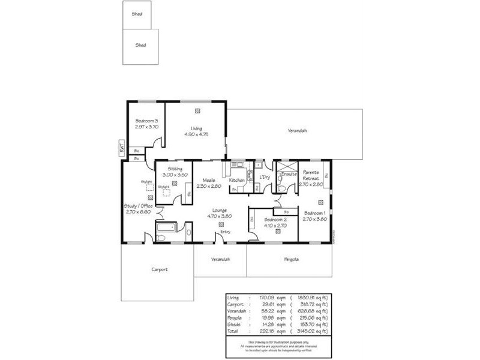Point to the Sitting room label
click(175, 169)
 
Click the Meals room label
click(209, 180)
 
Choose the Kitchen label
click(236, 180)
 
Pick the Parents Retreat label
click(310, 175)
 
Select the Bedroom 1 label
click(314, 214)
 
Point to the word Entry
click(225, 232)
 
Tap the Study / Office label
click(139, 206)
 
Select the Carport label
click(159, 270)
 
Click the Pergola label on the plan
click(292, 260)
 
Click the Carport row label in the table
click(235, 304)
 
